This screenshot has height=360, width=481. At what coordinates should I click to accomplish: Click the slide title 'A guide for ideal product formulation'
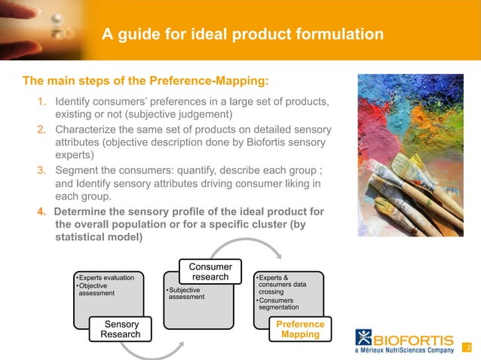[243, 34]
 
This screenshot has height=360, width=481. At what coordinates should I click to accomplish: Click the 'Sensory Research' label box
[120, 330]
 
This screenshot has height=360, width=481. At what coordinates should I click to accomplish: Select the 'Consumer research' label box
[210, 271]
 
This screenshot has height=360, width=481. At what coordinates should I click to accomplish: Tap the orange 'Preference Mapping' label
[300, 329]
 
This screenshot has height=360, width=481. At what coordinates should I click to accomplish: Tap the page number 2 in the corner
[468, 348]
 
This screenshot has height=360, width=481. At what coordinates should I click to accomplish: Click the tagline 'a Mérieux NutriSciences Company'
[406, 350]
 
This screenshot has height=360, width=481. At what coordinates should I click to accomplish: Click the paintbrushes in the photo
[418, 192]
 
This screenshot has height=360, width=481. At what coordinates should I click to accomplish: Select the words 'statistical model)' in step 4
[98, 236]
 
